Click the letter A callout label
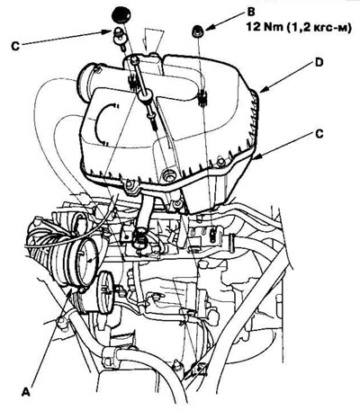point(26,392)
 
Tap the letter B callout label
point(251,13)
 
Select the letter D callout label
point(319,62)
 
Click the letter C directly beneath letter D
point(319,134)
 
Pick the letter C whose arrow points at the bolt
point(15,47)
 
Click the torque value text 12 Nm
point(265,27)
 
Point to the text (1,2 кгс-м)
point(319,28)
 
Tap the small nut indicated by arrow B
point(197,31)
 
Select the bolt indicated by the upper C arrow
point(118,37)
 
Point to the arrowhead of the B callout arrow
point(208,29)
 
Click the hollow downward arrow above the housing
point(153,40)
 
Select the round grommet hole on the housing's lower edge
point(168,175)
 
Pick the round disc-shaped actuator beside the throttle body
point(105,291)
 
